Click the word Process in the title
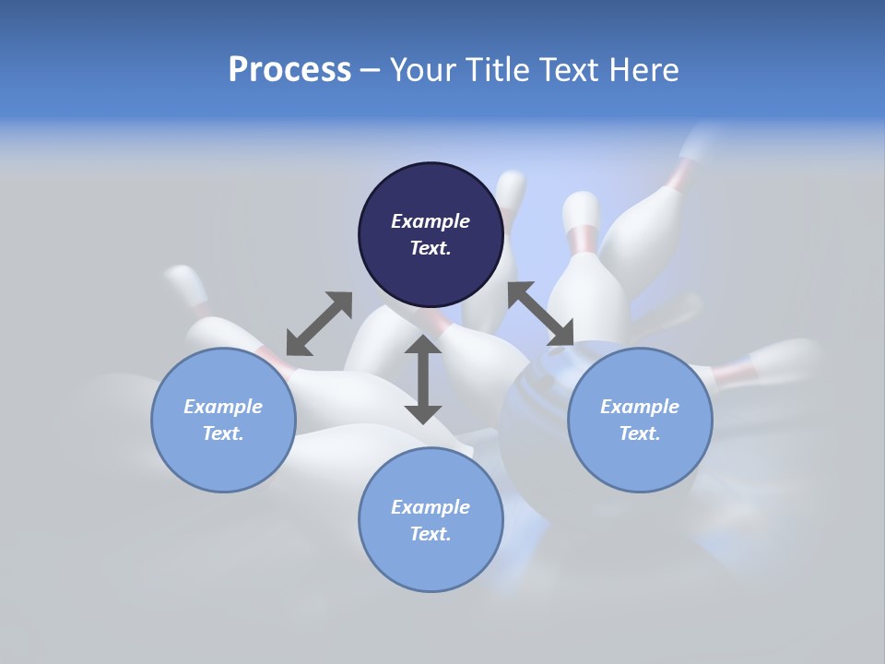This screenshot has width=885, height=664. pos(289,70)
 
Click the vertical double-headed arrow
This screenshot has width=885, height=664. pos(423,379)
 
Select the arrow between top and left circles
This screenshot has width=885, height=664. pos(319,323)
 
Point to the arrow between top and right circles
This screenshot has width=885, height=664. pos(540,314)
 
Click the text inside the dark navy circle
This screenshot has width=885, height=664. pos(431,234)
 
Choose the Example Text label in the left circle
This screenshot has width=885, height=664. pos(223,420)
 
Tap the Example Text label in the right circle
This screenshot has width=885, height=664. pos(640,420)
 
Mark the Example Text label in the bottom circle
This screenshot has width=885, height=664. pos(431,520)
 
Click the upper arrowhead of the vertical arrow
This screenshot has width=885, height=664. pos(423,345)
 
